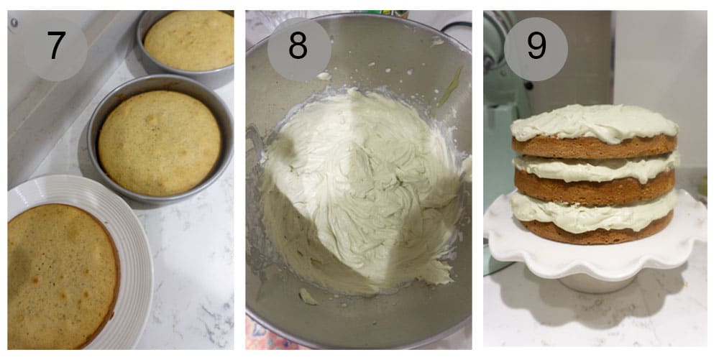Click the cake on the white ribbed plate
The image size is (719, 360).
(61, 273)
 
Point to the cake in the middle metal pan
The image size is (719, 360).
(160, 142)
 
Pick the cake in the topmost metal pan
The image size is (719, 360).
(188, 40)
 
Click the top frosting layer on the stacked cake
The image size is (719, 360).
(593, 122)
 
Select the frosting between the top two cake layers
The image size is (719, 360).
(597, 169)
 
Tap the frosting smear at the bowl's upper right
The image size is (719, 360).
(450, 86)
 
